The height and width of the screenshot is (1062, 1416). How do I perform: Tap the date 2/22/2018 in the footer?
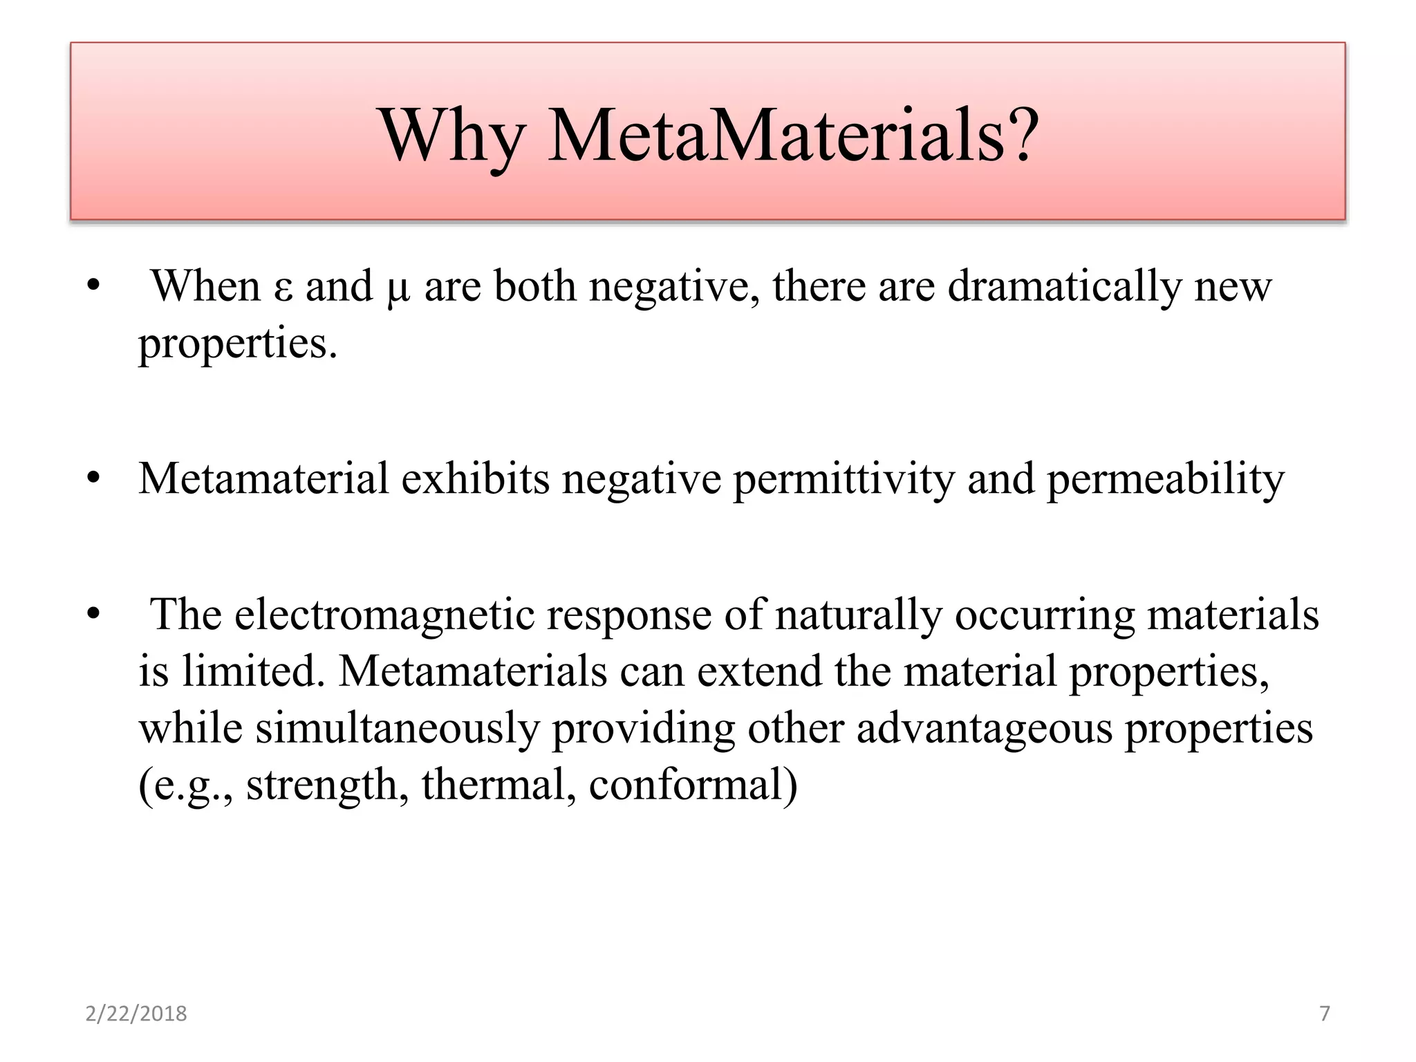point(136,1014)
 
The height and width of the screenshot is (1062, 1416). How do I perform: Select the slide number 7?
point(1325,1014)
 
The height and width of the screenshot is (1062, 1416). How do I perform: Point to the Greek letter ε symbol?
point(283,289)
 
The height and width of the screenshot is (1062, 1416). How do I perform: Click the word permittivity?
point(844,478)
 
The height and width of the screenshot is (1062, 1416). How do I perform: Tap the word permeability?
point(1166,478)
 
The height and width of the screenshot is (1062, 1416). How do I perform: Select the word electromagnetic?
point(384,615)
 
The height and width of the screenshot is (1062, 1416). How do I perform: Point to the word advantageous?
point(985,729)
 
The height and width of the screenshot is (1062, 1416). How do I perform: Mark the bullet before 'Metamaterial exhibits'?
point(94,478)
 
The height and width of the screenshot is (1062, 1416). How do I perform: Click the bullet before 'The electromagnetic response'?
point(94,614)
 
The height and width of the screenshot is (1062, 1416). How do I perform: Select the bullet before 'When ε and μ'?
point(94,286)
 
